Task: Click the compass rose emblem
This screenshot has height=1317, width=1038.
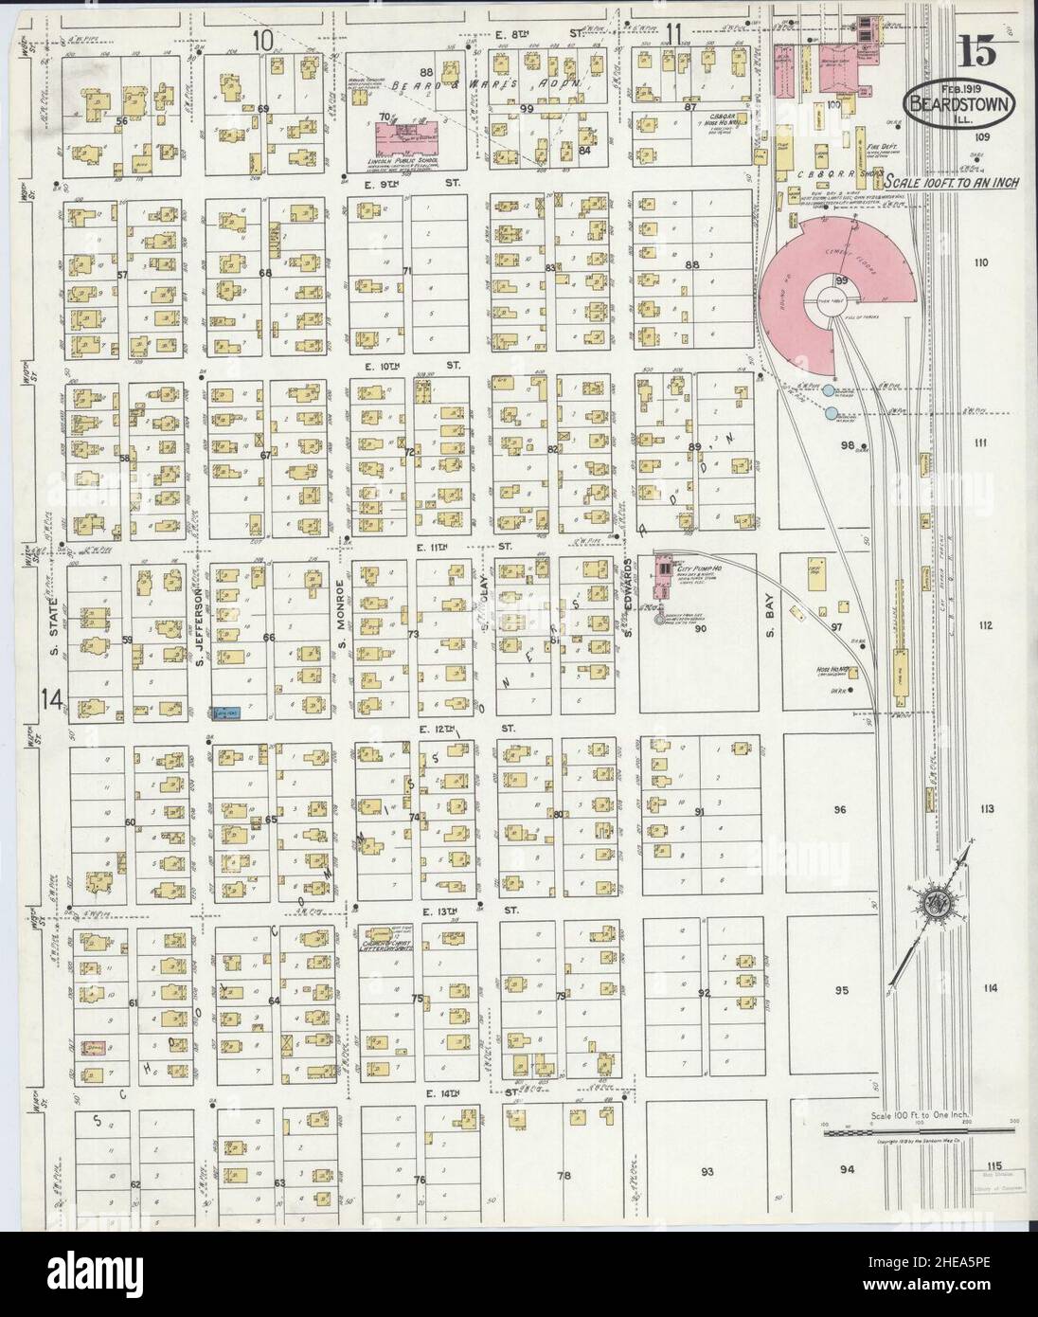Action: (934, 896)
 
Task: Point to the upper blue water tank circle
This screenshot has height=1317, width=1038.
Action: (829, 390)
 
